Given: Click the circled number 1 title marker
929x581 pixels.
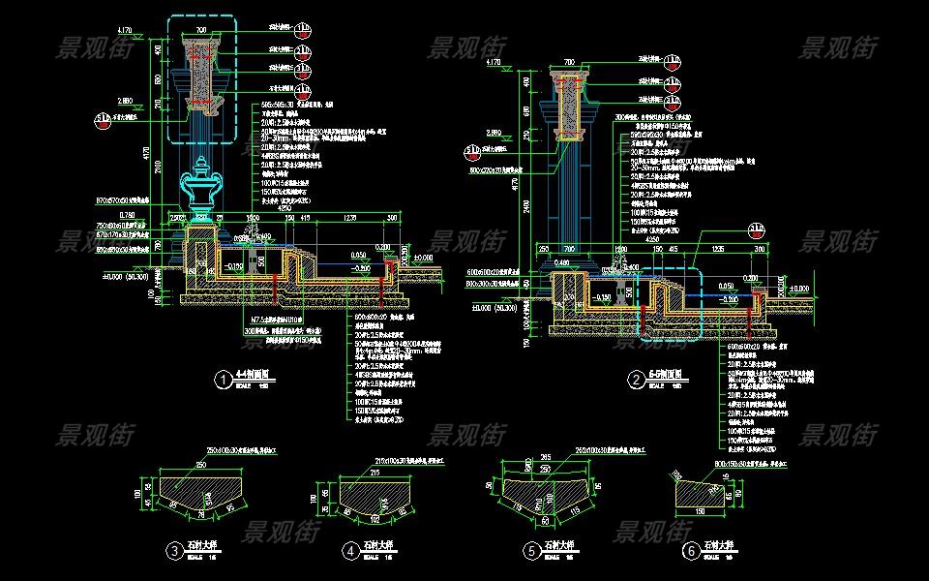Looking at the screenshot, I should pos(224,381).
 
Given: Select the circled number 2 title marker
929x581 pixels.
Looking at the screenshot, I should pos(636,381).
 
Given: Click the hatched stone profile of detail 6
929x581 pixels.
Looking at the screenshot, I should pos(701,492).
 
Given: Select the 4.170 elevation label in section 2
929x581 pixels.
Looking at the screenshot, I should pos(492,62).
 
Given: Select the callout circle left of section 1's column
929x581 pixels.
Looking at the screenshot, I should pos(101,120).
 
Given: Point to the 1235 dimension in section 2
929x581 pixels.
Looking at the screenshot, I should pos(719,249).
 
